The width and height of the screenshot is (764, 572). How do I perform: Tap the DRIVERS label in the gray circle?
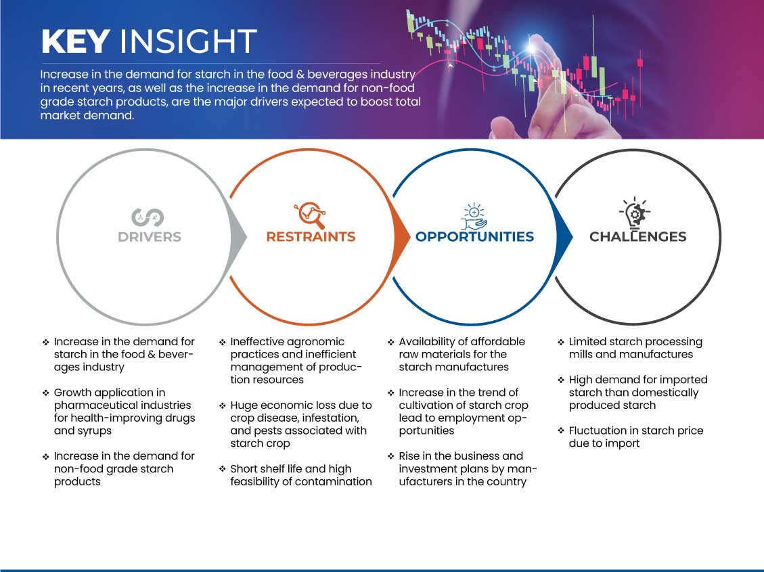(x=150, y=237)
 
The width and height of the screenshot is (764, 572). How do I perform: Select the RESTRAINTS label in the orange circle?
(x=311, y=237)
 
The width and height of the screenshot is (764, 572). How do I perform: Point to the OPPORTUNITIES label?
(x=474, y=237)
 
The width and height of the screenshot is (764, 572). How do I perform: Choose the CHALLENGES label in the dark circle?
(x=638, y=237)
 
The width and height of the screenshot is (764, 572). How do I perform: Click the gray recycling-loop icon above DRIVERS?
(x=148, y=217)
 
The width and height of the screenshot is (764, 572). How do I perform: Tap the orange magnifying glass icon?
(x=311, y=215)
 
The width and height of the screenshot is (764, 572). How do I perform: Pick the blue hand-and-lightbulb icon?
(x=474, y=217)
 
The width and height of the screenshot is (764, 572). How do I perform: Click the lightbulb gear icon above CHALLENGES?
(x=635, y=213)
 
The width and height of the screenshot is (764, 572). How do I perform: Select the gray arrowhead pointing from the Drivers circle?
(x=238, y=238)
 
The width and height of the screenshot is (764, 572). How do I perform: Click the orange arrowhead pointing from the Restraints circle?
(x=401, y=238)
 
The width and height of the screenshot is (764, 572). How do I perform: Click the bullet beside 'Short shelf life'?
(x=222, y=468)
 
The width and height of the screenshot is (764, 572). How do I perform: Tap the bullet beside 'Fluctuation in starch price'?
(x=561, y=431)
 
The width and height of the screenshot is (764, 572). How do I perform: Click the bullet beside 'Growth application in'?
(x=46, y=393)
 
